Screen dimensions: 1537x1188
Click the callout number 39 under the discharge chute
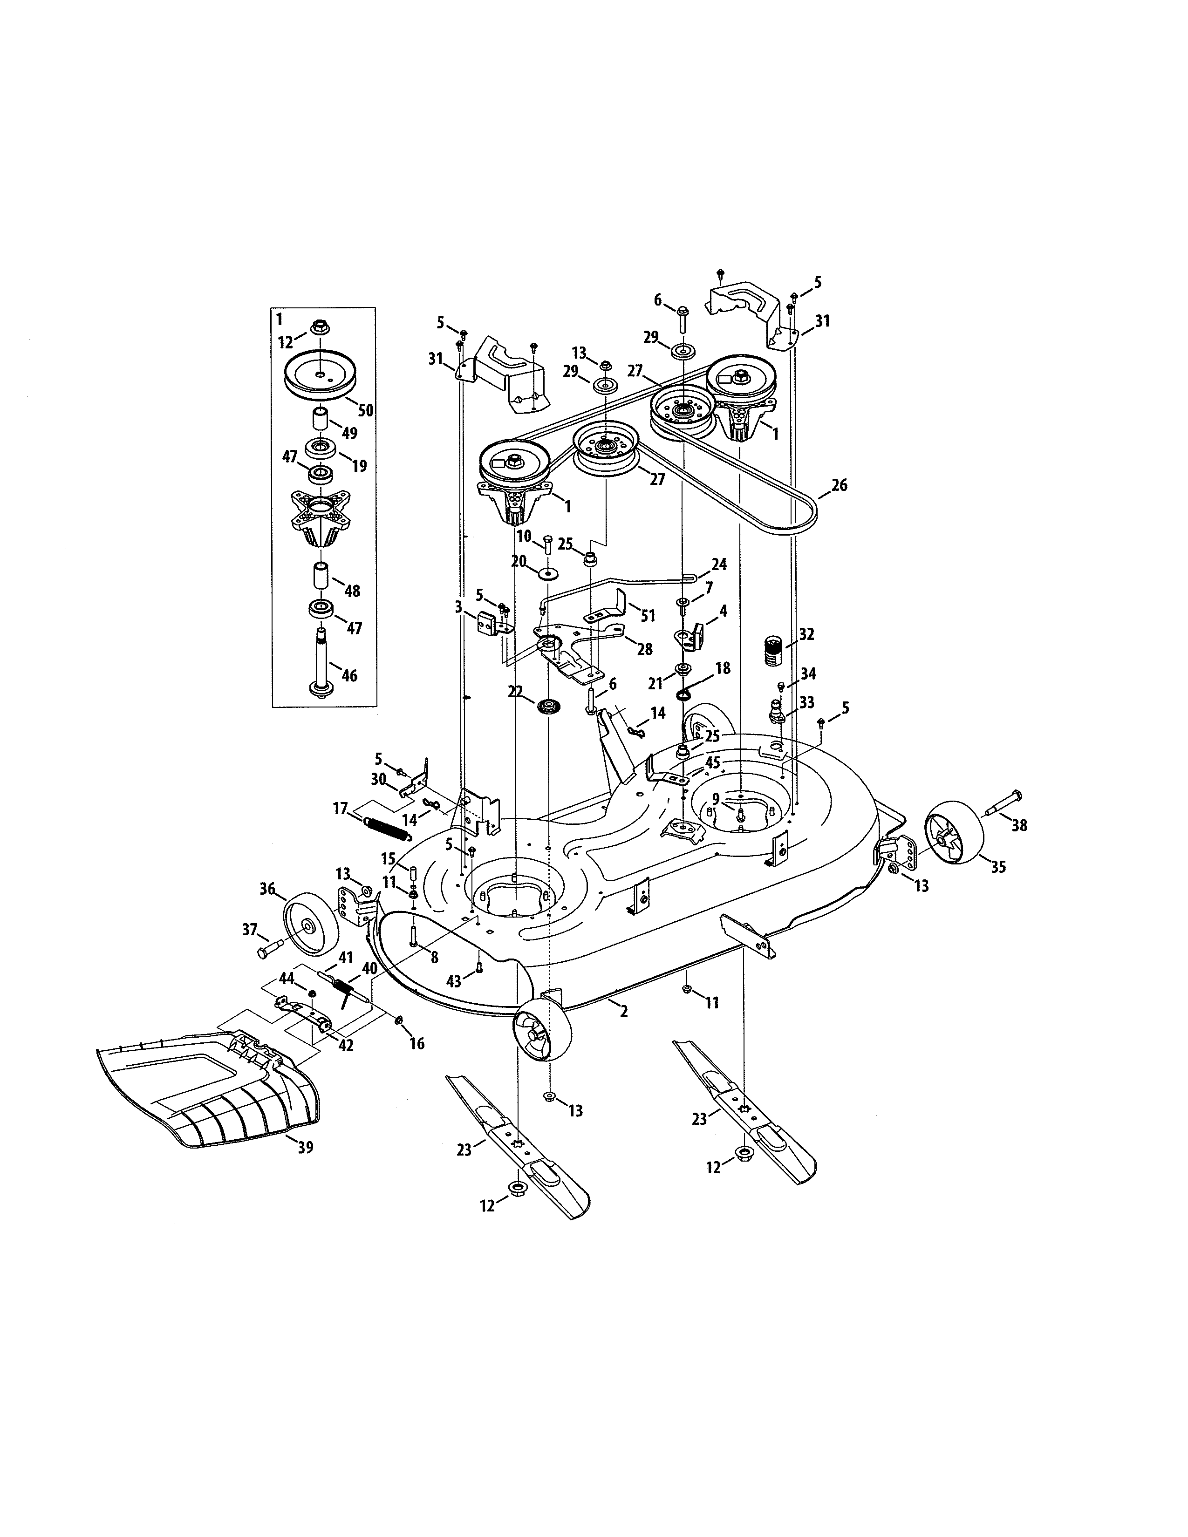pos(305,1148)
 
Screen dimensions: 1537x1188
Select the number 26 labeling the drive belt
pos(839,485)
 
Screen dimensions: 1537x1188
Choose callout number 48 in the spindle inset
pos(352,591)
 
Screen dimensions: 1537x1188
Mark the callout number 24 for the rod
pos(719,564)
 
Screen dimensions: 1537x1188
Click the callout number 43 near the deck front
pos(454,980)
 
